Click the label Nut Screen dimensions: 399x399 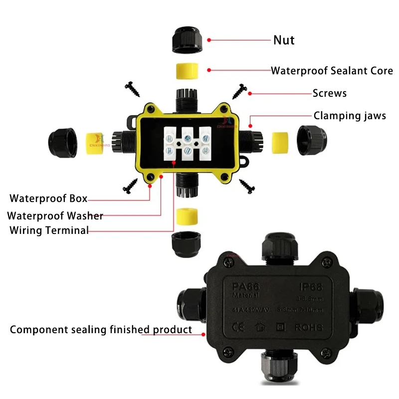pos(284,40)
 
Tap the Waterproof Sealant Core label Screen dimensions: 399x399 pos(332,70)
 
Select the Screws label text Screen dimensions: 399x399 pos(329,93)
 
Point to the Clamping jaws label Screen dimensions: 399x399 pos(350,116)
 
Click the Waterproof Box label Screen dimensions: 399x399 pos(48,199)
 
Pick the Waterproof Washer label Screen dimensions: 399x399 pos(55,215)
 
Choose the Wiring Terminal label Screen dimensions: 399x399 pos(49,230)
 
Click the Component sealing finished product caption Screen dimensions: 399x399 pos(101,329)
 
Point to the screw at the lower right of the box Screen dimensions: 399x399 pos(247,187)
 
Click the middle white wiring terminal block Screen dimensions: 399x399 pos(188,143)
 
